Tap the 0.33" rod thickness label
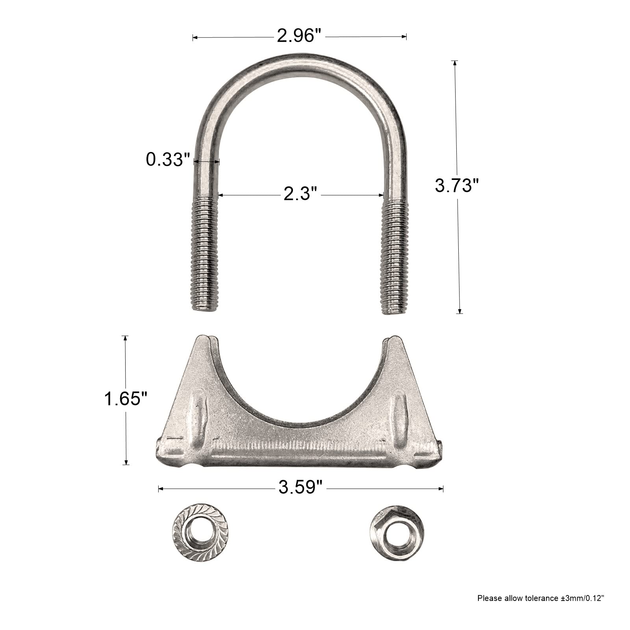[165, 159]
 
